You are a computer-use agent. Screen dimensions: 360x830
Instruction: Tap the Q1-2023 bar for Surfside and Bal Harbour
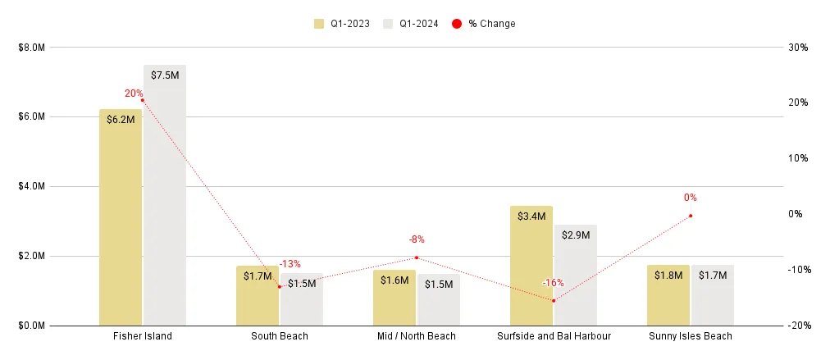(531, 266)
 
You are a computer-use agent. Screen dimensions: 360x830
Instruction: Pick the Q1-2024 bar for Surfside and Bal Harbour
(575, 275)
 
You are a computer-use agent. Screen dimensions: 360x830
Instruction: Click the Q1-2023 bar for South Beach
(258, 296)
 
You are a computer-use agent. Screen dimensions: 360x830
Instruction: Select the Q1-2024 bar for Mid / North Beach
(438, 300)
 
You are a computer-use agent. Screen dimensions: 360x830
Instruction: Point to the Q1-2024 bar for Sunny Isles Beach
(712, 296)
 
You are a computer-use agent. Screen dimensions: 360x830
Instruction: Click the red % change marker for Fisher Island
(143, 100)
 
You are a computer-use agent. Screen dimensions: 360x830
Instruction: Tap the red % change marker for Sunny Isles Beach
(691, 216)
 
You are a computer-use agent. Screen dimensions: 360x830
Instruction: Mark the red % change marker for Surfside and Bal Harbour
(554, 301)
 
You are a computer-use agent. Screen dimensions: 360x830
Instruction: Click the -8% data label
(417, 239)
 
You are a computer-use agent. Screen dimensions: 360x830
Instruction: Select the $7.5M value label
(165, 75)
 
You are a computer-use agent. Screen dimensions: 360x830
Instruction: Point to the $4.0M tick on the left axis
(31, 186)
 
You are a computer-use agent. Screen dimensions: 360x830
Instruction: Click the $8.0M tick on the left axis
(31, 48)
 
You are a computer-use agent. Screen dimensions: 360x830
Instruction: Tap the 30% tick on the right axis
(798, 48)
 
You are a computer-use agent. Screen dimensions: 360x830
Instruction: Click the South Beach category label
(280, 336)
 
